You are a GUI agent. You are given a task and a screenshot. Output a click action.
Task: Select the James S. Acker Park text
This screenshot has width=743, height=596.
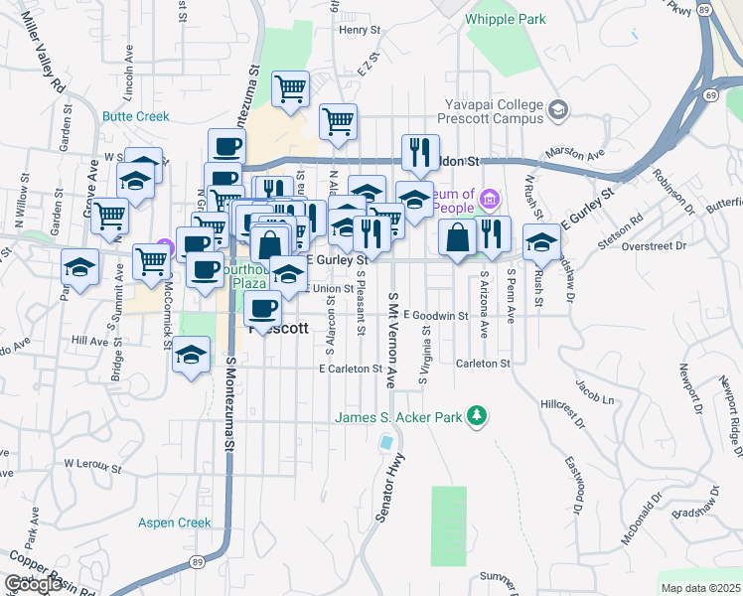(398, 416)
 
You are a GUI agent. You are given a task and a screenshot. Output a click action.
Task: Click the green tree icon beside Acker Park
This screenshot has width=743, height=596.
(478, 415)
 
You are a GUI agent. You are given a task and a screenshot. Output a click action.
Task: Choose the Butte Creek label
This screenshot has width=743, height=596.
(136, 115)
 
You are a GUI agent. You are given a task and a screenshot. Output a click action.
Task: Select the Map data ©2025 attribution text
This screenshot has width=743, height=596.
(700, 588)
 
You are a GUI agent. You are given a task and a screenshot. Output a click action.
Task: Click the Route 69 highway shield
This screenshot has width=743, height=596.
(712, 94)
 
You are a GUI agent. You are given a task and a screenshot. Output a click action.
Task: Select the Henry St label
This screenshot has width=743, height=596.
(354, 30)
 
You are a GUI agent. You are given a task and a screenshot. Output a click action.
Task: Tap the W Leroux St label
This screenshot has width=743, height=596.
(91, 463)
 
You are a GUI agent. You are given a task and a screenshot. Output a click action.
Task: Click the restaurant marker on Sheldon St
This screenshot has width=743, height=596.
(420, 153)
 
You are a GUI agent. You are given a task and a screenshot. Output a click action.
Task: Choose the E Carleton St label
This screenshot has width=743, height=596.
(351, 369)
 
